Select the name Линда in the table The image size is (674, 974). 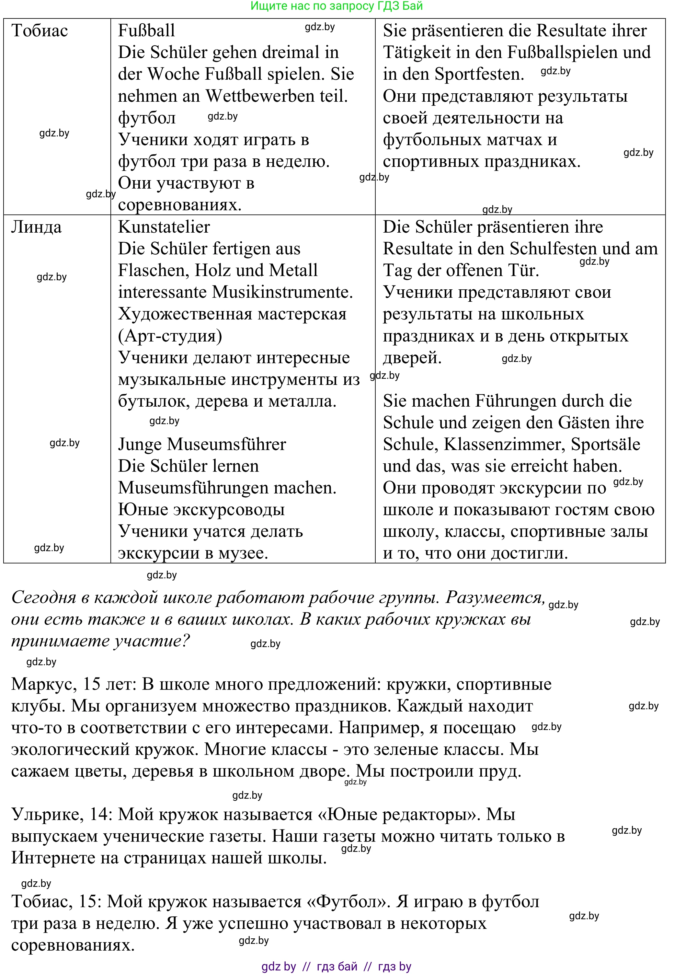click(36, 227)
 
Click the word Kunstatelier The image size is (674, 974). click(164, 227)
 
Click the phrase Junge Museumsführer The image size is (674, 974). click(202, 444)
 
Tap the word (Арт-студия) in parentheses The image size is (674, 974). click(170, 336)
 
